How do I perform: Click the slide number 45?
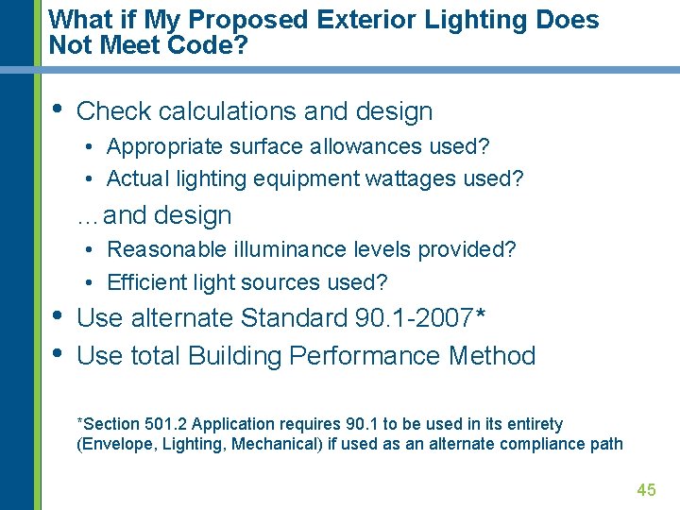(x=646, y=489)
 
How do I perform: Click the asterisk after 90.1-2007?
(x=482, y=314)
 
